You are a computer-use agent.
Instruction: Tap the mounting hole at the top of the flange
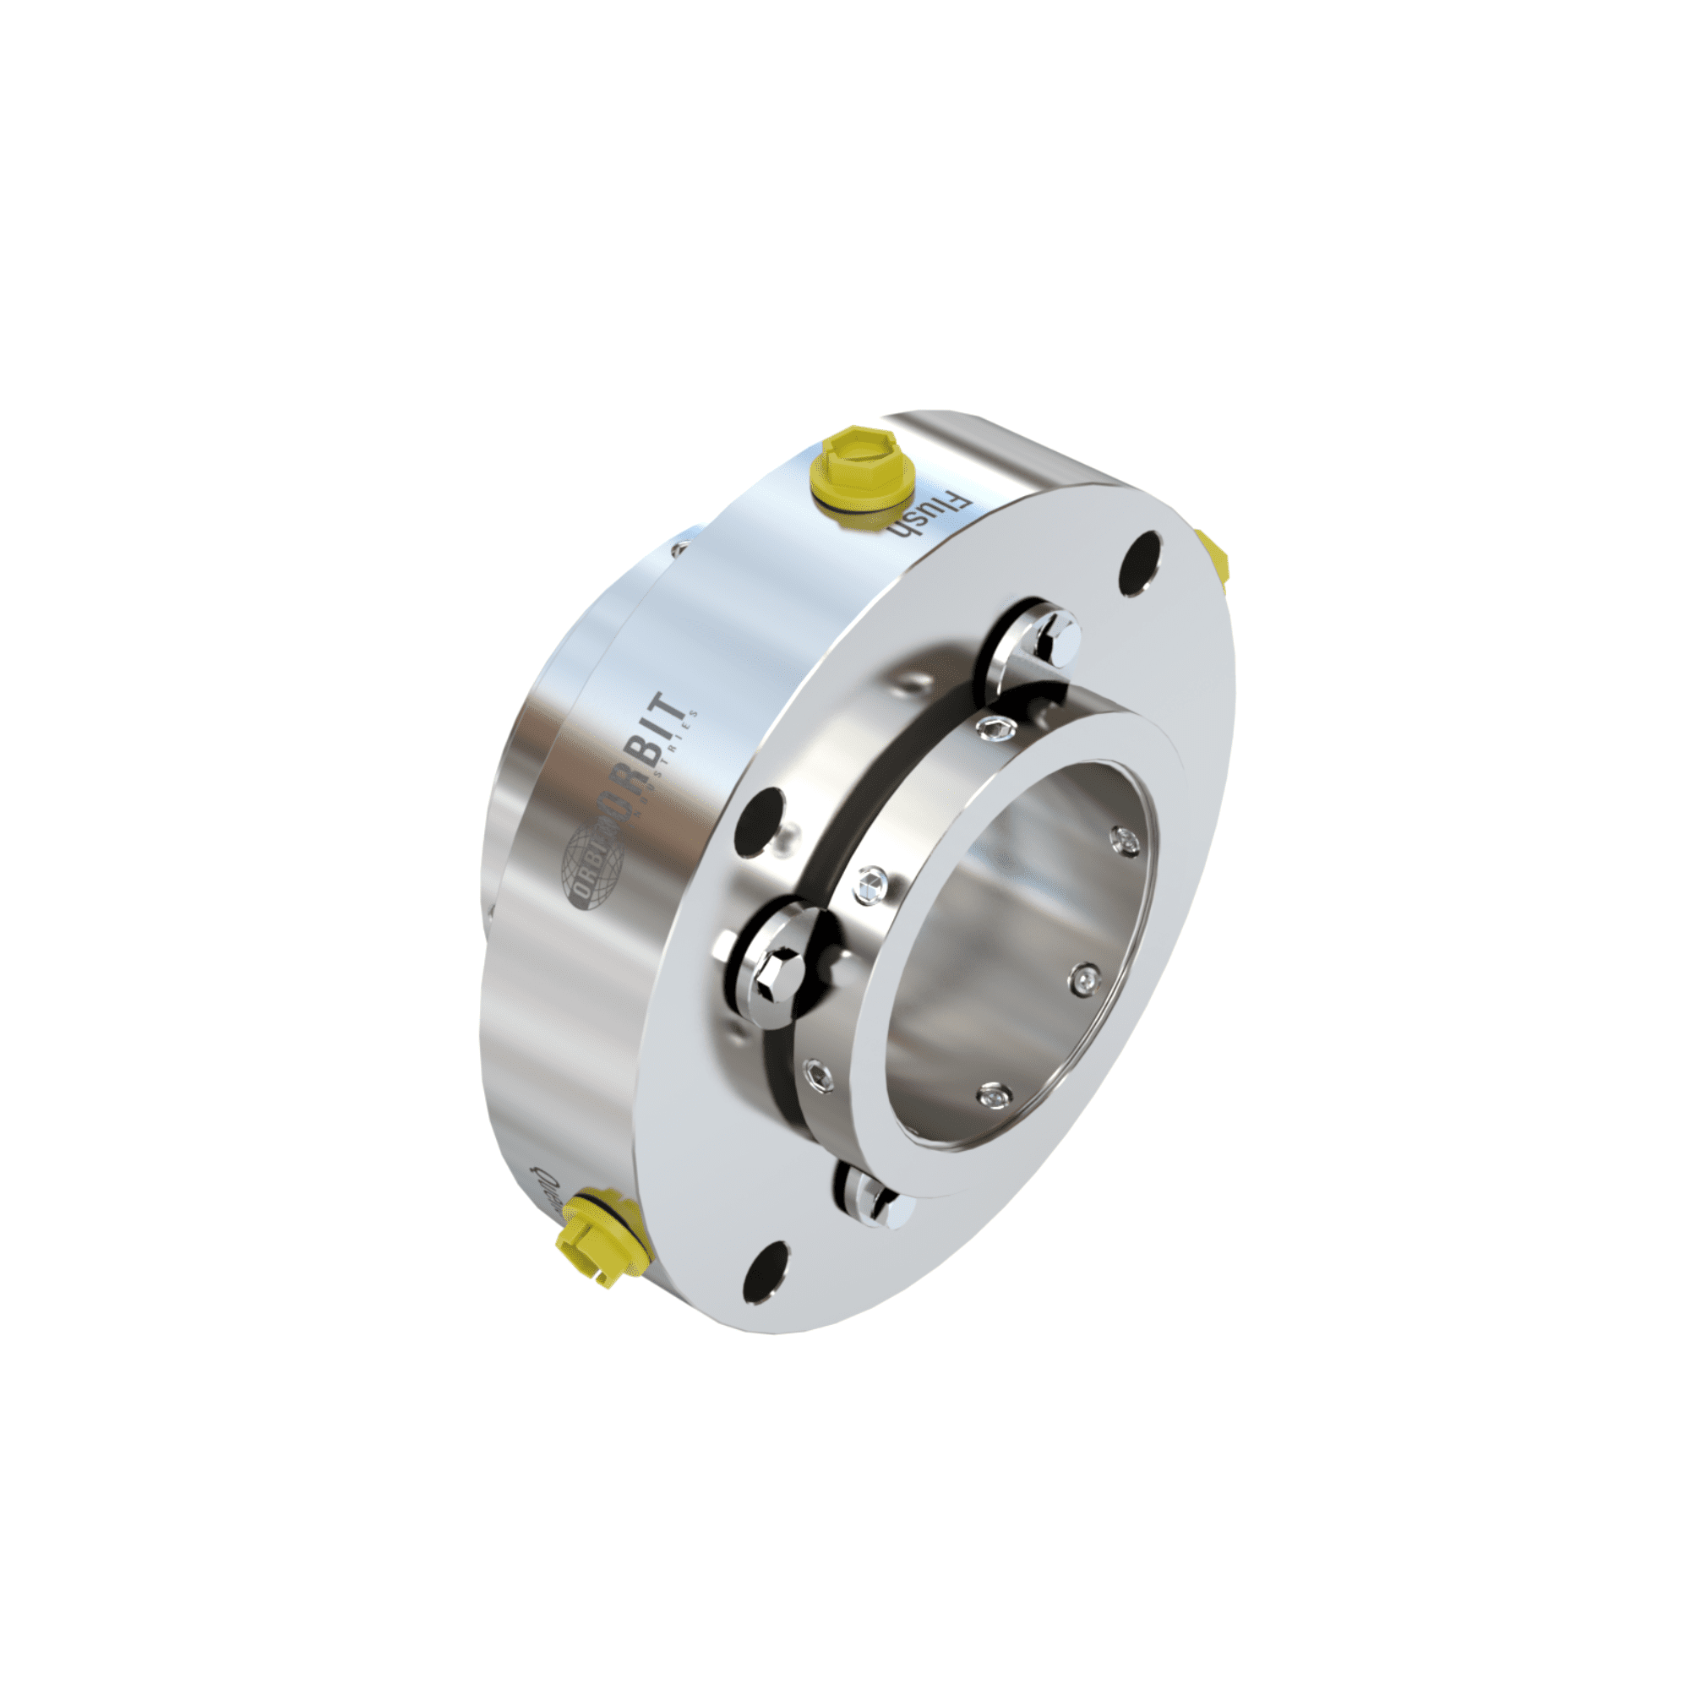(1141, 564)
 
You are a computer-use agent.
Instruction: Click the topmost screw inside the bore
(1126, 840)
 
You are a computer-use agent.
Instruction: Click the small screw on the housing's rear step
(679, 548)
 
